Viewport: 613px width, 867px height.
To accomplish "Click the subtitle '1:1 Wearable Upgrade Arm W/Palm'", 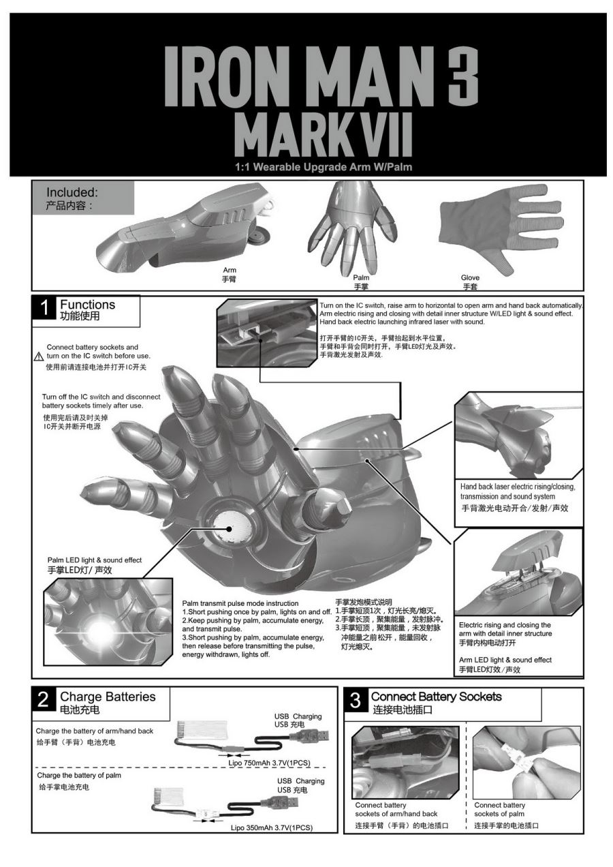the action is [324, 167].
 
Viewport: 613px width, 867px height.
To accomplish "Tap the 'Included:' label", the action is [72, 192].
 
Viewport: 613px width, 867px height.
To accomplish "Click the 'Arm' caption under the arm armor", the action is [230, 270].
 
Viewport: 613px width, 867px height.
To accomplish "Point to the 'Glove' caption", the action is [470, 277].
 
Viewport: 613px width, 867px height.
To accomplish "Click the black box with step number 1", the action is [44, 308].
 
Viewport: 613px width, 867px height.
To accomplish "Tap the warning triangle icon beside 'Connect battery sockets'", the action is [39, 356].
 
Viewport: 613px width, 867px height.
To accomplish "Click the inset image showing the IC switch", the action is [267, 333].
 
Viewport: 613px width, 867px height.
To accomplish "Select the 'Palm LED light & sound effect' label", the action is [95, 560].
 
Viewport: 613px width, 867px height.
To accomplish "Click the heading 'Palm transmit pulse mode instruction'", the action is [240, 603].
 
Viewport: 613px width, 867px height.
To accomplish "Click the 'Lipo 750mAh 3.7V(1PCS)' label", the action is [269, 763].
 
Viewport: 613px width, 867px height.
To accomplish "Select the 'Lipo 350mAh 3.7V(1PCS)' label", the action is [272, 827].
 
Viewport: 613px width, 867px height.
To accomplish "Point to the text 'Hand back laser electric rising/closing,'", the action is [518, 487].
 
